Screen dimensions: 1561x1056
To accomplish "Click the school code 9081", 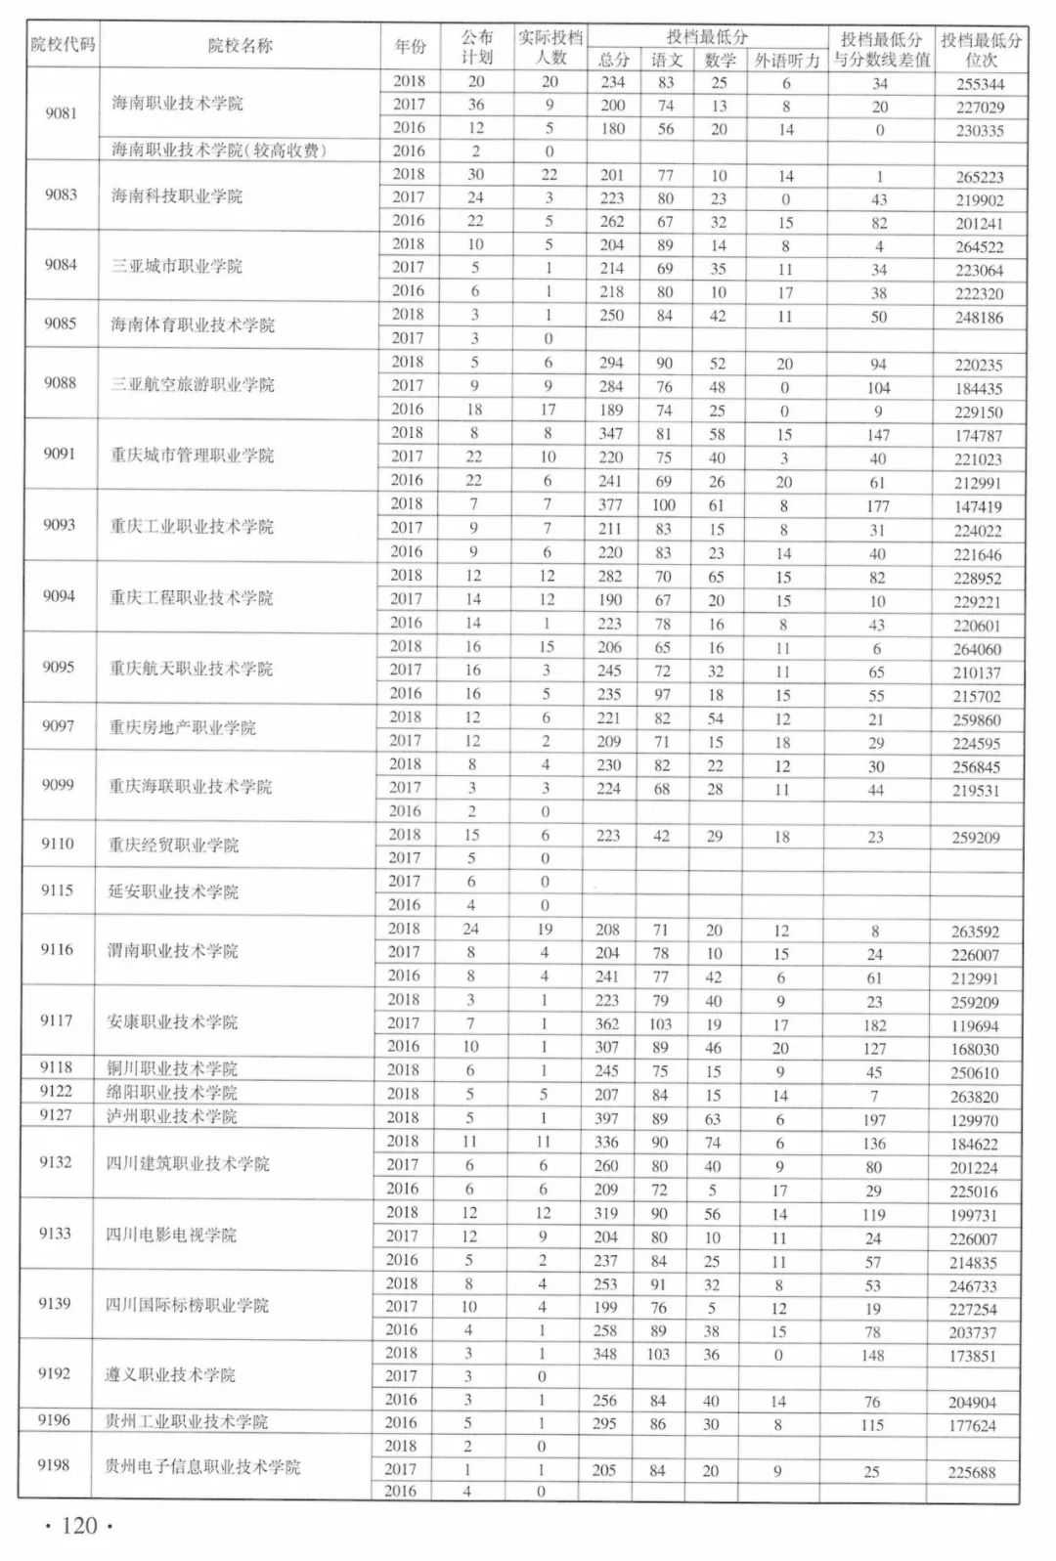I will click(x=61, y=112).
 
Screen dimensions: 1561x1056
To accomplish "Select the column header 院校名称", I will click(x=241, y=46).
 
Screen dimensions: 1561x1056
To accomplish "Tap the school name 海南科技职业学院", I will click(x=177, y=195).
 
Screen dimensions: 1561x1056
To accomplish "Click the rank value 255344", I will click(x=981, y=84).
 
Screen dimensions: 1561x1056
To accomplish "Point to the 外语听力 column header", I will click(x=786, y=61).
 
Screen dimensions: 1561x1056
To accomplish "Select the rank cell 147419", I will click(x=978, y=506).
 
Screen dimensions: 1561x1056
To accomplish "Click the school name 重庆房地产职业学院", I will click(x=183, y=727).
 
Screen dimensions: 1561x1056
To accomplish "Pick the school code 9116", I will click(x=57, y=949).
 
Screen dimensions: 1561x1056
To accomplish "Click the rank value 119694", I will click(x=975, y=1026).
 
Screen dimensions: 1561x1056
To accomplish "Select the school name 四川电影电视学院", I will click(x=171, y=1235).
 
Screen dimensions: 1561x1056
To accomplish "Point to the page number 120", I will click(x=79, y=1526).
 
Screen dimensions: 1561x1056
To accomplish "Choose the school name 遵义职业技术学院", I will click(x=170, y=1374).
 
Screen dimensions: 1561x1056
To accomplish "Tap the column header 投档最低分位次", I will click(x=981, y=49).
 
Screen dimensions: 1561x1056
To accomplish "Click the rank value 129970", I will click(x=974, y=1120).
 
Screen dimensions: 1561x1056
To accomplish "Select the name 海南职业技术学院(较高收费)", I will click(x=219, y=151).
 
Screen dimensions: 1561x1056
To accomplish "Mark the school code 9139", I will click(x=55, y=1303).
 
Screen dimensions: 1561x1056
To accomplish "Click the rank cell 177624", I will click(x=972, y=1425).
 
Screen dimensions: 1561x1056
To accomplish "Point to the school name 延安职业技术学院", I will click(x=173, y=891).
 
